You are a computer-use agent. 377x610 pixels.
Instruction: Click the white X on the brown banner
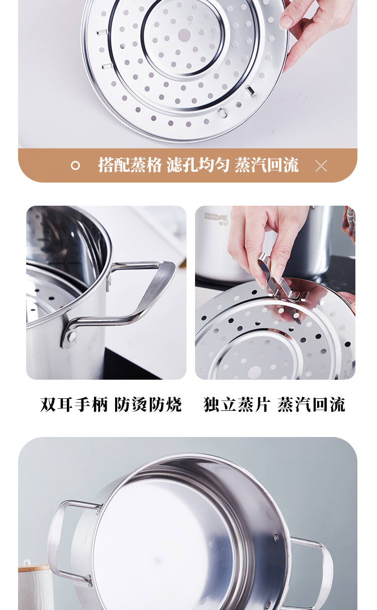coord(321,166)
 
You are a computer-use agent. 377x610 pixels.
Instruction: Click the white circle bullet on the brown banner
coord(75,165)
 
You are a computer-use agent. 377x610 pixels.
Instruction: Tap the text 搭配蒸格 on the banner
coord(130,165)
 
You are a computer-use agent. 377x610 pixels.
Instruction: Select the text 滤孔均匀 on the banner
coord(198,165)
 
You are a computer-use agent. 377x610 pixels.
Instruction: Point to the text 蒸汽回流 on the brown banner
coord(266,165)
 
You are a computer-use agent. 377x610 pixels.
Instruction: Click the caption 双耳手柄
coord(74,405)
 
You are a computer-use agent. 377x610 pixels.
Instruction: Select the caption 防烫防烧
coord(148,405)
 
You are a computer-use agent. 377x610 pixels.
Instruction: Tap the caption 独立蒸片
coord(237,405)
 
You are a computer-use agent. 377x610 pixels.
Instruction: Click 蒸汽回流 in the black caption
coord(311,405)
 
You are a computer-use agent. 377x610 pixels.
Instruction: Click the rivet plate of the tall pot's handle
coord(70,337)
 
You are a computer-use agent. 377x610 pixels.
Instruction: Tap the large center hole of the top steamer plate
coord(184,35)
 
